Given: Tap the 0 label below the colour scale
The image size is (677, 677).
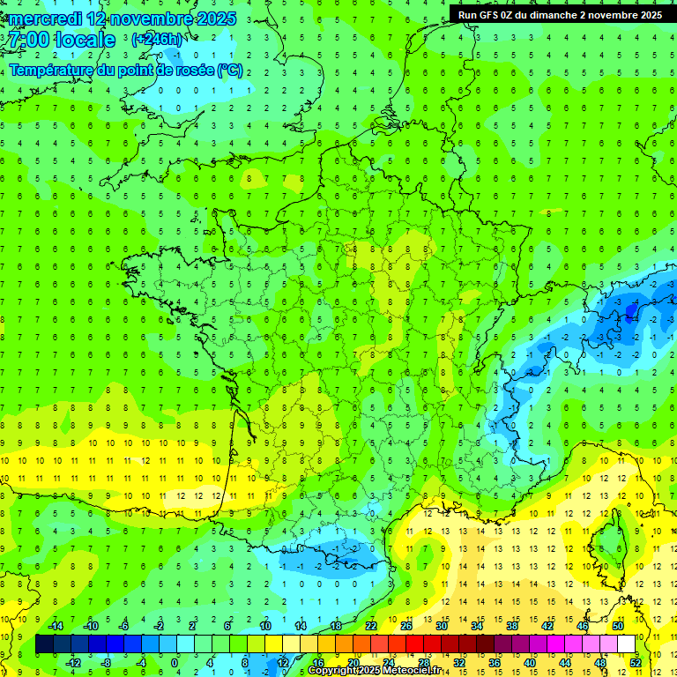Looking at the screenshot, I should (x=174, y=663).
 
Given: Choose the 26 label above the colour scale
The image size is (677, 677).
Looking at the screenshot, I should (x=405, y=625).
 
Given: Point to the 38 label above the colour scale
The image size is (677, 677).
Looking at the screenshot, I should (x=511, y=625).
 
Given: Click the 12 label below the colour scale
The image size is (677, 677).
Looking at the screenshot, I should (x=283, y=663).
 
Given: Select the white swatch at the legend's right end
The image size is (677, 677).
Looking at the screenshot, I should (x=627, y=644).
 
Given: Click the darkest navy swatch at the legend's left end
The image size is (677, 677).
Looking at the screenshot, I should (x=44, y=644).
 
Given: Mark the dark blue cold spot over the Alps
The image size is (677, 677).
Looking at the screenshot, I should (x=630, y=309).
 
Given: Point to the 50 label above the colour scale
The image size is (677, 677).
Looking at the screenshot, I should (x=618, y=625).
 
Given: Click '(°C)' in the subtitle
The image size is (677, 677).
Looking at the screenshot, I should (x=230, y=70).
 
